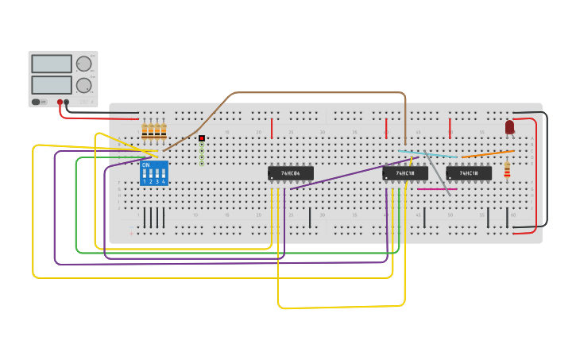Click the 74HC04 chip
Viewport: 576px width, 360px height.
pyautogui.click(x=290, y=173)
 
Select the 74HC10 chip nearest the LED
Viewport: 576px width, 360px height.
pyautogui.click(x=468, y=173)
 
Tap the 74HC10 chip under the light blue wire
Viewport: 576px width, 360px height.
pyautogui.click(x=405, y=173)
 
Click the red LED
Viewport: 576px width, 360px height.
pyautogui.click(x=509, y=126)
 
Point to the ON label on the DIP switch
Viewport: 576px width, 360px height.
pyautogui.click(x=145, y=165)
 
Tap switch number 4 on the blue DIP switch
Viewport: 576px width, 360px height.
pyautogui.click(x=164, y=173)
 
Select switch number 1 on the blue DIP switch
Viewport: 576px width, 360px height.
pyautogui.click(x=145, y=173)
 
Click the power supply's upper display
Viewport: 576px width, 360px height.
pyautogui.click(x=52, y=64)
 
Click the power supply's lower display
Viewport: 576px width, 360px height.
pyautogui.click(x=52, y=84)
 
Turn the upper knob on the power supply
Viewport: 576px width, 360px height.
pyautogui.click(x=83, y=64)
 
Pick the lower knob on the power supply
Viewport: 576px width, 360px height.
pyautogui.click(x=83, y=85)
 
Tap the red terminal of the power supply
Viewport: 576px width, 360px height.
pyautogui.click(x=59, y=103)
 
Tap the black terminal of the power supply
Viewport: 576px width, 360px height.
pyautogui.click(x=67, y=103)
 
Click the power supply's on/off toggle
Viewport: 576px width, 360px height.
pyautogui.click(x=37, y=102)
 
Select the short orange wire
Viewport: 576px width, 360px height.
pyautogui.click(x=486, y=153)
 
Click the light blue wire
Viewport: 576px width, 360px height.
pyautogui.click(x=427, y=153)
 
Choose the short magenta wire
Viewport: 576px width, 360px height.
pyautogui.click(x=436, y=189)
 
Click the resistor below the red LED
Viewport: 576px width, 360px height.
pyautogui.click(x=507, y=170)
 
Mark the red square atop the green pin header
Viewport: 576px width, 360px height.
pyautogui.click(x=202, y=138)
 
